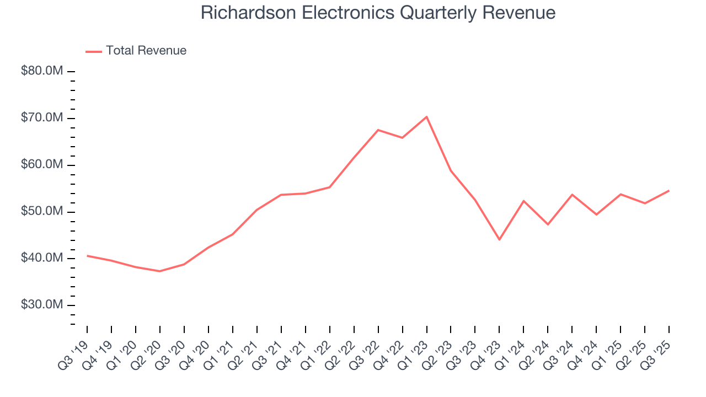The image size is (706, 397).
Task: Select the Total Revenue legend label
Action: pyautogui.click(x=146, y=51)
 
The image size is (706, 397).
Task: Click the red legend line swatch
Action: pyautogui.click(x=94, y=51)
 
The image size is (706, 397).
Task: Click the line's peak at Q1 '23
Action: pyautogui.click(x=426, y=117)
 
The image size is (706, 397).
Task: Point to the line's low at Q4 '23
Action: pyautogui.click(x=499, y=239)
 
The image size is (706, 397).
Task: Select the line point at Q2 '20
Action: pyautogui.click(x=160, y=271)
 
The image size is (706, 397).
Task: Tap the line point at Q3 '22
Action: pyautogui.click(x=378, y=130)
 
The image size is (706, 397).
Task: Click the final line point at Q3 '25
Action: pyautogui.click(x=669, y=191)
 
